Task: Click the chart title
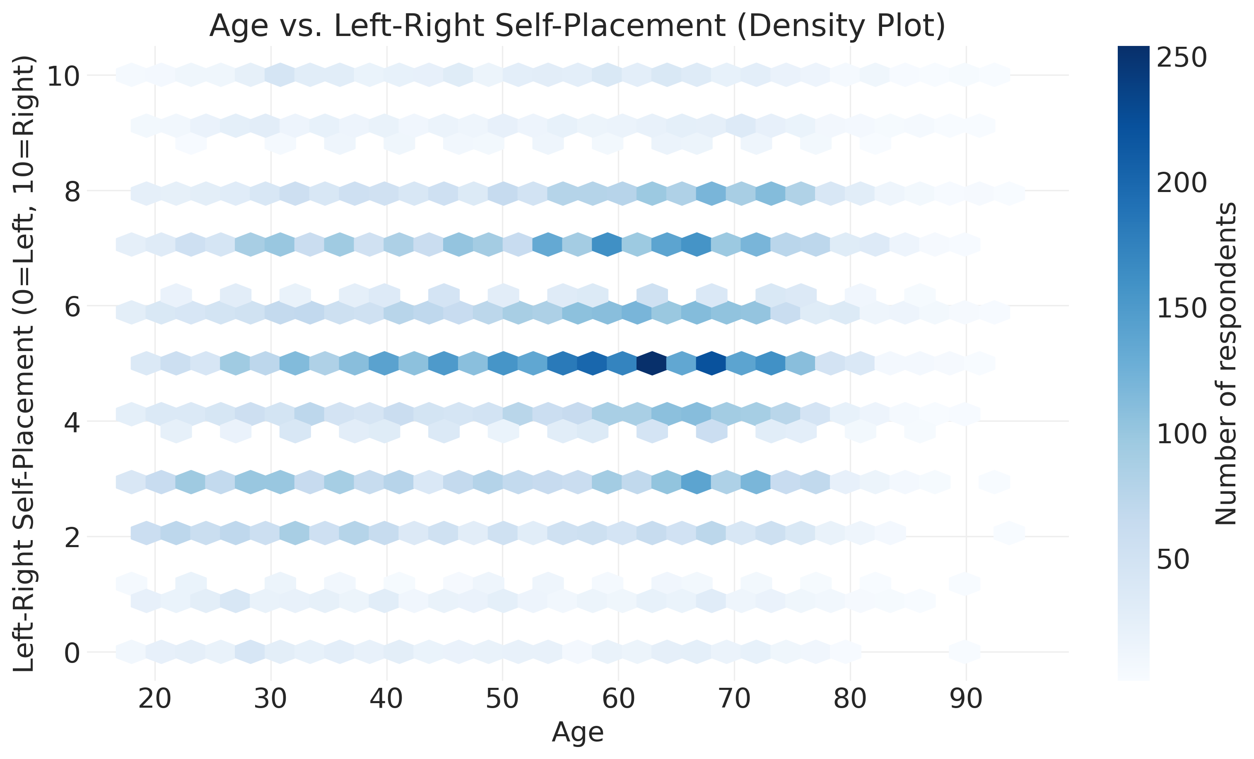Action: click(x=577, y=26)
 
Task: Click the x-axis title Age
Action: click(x=577, y=733)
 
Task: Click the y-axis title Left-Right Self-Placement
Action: click(x=24, y=363)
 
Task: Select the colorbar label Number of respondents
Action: click(x=1225, y=363)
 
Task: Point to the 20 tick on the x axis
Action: click(x=155, y=699)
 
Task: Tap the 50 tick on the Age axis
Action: click(x=502, y=699)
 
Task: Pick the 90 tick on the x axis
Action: click(x=966, y=699)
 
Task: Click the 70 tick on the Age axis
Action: click(x=734, y=699)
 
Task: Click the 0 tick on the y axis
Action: click(x=72, y=653)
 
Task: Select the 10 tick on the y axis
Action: click(x=64, y=76)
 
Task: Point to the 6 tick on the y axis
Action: click(x=72, y=307)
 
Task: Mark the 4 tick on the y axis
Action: click(x=72, y=422)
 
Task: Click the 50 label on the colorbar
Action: click(x=1173, y=560)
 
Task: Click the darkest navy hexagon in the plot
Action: click(x=652, y=363)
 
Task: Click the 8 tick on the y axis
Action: click(x=72, y=192)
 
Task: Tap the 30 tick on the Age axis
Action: click(x=271, y=699)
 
